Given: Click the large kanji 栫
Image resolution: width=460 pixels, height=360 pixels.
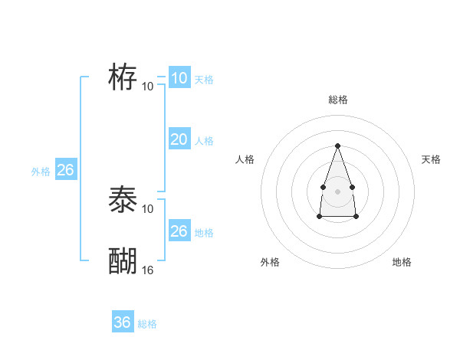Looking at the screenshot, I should pos(123,77).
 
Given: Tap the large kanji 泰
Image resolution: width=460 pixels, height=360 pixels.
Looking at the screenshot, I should pos(123,201).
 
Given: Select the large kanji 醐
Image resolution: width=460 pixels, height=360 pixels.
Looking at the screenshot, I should pos(123,261).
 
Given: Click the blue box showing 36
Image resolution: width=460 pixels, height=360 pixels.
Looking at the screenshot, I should pos(123,322).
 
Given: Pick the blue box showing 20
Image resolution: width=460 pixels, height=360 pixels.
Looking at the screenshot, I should pos(179,139).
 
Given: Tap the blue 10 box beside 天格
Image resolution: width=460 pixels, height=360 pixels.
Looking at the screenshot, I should pos(179,78).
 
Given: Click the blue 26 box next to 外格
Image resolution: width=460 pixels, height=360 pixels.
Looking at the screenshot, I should pos(65,170).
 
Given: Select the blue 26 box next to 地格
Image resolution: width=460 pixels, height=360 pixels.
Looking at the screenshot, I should pos(179,231).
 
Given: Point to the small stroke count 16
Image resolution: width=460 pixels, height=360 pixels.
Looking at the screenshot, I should pos(148,270).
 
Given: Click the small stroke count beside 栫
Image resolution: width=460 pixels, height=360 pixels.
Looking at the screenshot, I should pos(148,86).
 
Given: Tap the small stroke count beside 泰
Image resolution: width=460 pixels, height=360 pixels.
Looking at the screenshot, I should pos(148,209).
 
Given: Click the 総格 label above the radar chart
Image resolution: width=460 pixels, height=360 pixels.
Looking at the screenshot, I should pos(337,100).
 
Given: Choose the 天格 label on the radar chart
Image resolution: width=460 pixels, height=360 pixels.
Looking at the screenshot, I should pos(431,159).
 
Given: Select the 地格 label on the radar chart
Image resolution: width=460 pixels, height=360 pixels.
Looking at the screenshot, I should pos(402,262).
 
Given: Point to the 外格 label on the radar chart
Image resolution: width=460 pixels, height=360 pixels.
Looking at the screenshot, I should pos(270,262).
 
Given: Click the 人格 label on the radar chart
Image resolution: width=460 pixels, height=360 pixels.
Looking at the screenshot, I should pos(245,159).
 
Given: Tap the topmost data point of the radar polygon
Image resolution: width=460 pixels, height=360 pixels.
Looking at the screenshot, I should pos(337,146).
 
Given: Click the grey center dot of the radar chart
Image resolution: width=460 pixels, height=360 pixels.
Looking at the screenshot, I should pos(337,190).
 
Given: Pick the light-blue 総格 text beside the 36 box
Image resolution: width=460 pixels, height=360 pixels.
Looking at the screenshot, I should pos(147,324).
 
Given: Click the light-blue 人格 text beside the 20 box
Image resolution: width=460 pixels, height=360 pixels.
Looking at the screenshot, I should pos(204,141).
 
